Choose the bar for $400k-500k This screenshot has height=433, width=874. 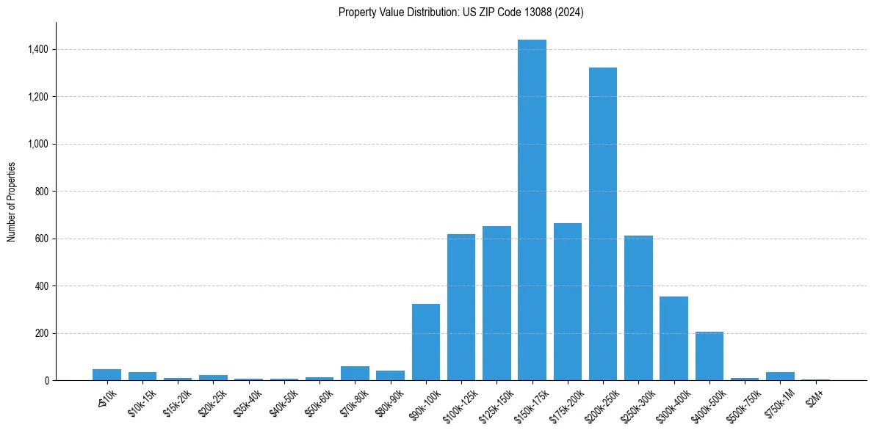[x=709, y=356]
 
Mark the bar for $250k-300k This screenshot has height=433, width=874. [x=638, y=308]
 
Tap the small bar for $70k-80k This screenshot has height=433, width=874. [x=355, y=373]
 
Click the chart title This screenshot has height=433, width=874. [x=461, y=12]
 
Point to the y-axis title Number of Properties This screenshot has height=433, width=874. [x=12, y=201]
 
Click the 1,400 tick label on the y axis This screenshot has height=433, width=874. [x=38, y=49]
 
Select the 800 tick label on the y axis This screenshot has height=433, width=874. [x=42, y=192]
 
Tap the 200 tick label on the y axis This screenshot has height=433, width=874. [x=42, y=333]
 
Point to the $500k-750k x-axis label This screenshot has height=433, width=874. [x=743, y=401]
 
